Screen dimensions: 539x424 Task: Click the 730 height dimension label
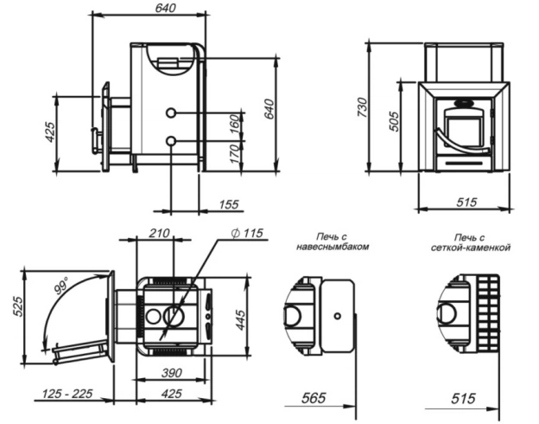363,107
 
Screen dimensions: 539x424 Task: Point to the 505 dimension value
395,121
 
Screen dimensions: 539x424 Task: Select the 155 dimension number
229,204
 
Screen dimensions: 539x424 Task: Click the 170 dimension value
234,154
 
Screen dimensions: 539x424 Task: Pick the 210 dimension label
159,233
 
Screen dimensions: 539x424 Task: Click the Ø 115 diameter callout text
247,233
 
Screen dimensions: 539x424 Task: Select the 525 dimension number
17,306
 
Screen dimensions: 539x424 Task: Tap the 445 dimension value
241,320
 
